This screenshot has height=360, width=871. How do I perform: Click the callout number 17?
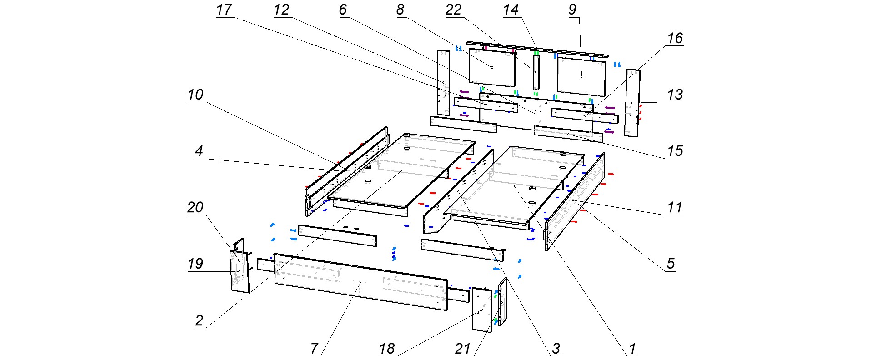point(224,10)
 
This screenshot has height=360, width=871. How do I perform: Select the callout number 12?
point(281,10)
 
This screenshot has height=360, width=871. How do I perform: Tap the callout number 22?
point(453,10)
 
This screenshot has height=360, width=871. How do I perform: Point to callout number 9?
point(572,10)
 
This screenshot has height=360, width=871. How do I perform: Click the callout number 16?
point(675,38)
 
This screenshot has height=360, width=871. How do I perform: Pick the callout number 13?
point(675,95)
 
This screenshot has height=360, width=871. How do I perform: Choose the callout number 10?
point(195,95)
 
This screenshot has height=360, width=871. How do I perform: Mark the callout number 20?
point(195,207)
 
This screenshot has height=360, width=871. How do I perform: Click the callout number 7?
point(315,349)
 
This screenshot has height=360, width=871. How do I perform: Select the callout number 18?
point(387,349)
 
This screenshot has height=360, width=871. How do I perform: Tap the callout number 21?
point(462,349)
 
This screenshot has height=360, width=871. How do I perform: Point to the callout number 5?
point(671,264)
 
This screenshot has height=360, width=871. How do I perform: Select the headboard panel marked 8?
point(492,67)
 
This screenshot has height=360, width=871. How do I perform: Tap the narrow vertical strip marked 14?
point(536,72)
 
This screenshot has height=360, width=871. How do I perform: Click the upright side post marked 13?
point(632,103)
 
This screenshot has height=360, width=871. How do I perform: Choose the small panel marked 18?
point(481,310)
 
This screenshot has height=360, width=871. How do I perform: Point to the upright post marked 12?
point(443,83)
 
